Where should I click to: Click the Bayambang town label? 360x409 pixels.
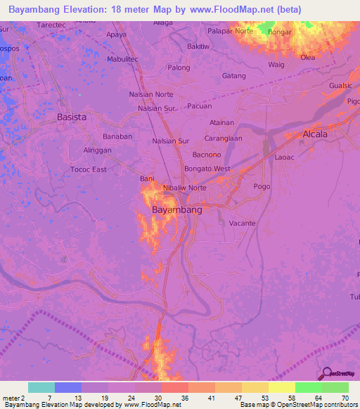tap(177, 210)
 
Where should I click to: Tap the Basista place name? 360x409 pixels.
tap(72, 117)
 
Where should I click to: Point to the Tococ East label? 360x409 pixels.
tap(89, 169)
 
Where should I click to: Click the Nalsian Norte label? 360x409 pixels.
tap(151, 94)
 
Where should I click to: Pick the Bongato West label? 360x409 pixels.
tap(207, 169)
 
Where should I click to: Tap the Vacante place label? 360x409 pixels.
tap(242, 223)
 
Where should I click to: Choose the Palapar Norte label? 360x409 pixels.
tap(230, 31)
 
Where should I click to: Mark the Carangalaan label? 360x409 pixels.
tap(223, 138)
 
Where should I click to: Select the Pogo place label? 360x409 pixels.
tap(262, 186)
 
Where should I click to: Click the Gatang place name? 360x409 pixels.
tap(233, 75)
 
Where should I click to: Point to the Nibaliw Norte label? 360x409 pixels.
tap(184, 188)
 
